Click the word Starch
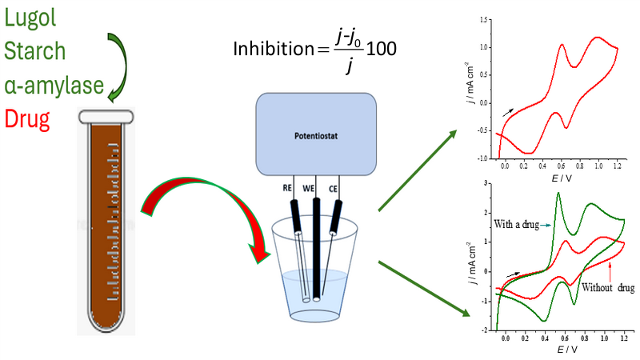pyautogui.click(x=34, y=51)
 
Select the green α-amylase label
pyautogui.click(x=50, y=86)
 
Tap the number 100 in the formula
pyautogui.click(x=381, y=49)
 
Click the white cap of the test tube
pyautogui.click(x=105, y=116)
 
